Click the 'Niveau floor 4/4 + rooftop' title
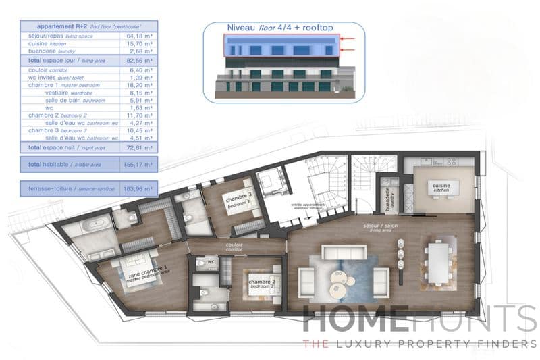point(283,28)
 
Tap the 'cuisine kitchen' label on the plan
point(443,187)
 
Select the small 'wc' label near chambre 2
point(211,261)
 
